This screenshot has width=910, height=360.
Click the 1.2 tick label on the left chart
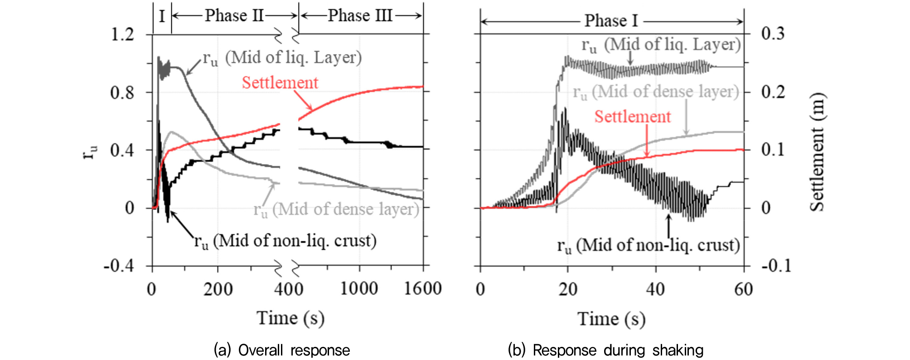pyautogui.click(x=122, y=34)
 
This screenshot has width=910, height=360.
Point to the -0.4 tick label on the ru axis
pyautogui.click(x=119, y=266)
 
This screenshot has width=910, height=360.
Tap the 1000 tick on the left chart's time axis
pyautogui.click(x=359, y=289)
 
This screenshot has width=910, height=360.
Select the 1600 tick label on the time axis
pyautogui.click(x=422, y=289)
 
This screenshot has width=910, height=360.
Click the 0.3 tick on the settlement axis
pyautogui.click(x=773, y=34)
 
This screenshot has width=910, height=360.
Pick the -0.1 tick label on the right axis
pyautogui.click(x=776, y=266)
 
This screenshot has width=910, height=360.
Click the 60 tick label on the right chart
pyautogui.click(x=743, y=289)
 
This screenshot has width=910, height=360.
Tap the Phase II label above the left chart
pyautogui.click(x=234, y=16)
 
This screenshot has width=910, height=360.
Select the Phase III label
pyautogui.click(x=360, y=16)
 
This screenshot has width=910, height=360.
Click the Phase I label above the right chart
pyautogui.click(x=611, y=21)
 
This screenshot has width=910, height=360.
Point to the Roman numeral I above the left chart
pyautogui.click(x=162, y=16)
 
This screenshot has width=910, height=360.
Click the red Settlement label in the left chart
pyautogui.click(x=280, y=83)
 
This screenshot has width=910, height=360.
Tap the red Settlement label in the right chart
pyautogui.click(x=632, y=117)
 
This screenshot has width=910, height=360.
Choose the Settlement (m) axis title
pyautogui.click(x=817, y=152)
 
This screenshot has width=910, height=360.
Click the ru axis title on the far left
pyautogui.click(x=90, y=152)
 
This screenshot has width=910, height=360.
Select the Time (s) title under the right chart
pyautogui.click(x=611, y=319)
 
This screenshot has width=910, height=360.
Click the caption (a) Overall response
pyautogui.click(x=281, y=350)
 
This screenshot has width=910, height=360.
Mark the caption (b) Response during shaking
pyautogui.click(x=605, y=350)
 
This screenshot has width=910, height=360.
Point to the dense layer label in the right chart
pyautogui.click(x=656, y=92)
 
